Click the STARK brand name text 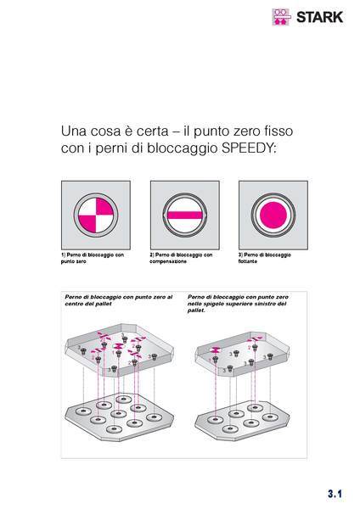click(320, 17)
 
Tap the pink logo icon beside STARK click(281, 17)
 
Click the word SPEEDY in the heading click(249, 148)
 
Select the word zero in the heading click(250, 131)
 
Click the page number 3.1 click(335, 494)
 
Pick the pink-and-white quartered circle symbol click(96, 215)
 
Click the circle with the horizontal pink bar click(185, 215)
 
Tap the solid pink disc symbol click(273, 215)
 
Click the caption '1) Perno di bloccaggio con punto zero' click(93, 258)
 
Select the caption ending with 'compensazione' click(181, 258)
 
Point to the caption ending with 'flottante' click(264, 258)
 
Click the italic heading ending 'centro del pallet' click(119, 300)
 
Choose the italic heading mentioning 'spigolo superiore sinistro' click(238, 304)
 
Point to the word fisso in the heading click(282, 131)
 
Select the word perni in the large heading click(110, 148)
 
